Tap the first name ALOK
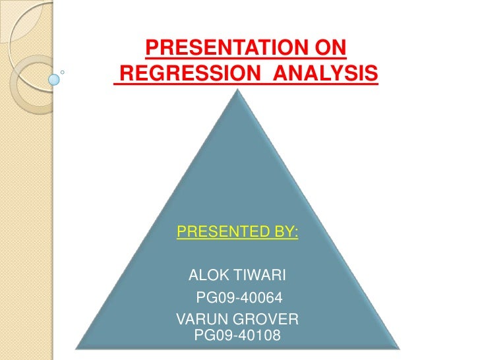tap(208, 274)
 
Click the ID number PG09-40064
tap(239, 298)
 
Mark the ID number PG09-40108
tap(238, 336)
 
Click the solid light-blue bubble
tap(54, 79)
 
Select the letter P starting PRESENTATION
tap(151, 48)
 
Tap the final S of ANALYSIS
tap(373, 75)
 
